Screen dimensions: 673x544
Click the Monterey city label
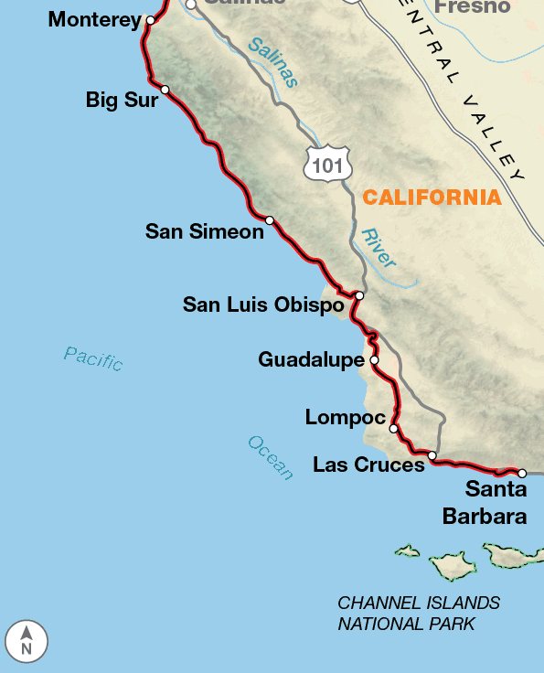95,19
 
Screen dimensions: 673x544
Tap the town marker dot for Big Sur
165,90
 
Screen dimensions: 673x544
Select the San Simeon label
204,232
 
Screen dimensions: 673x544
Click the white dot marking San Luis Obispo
360,296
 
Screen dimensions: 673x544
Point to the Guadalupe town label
311,360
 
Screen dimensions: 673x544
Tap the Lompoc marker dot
394,428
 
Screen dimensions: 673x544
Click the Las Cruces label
368,465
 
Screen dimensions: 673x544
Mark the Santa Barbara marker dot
522,474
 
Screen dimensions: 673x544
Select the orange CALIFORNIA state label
432,197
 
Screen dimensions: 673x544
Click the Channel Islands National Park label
419,614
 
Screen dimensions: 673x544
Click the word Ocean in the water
271,457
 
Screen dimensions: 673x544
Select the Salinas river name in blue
272,62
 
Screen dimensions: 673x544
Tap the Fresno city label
471,7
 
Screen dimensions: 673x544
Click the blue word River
379,248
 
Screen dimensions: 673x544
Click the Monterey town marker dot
151,19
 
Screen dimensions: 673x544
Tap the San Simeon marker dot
270,220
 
